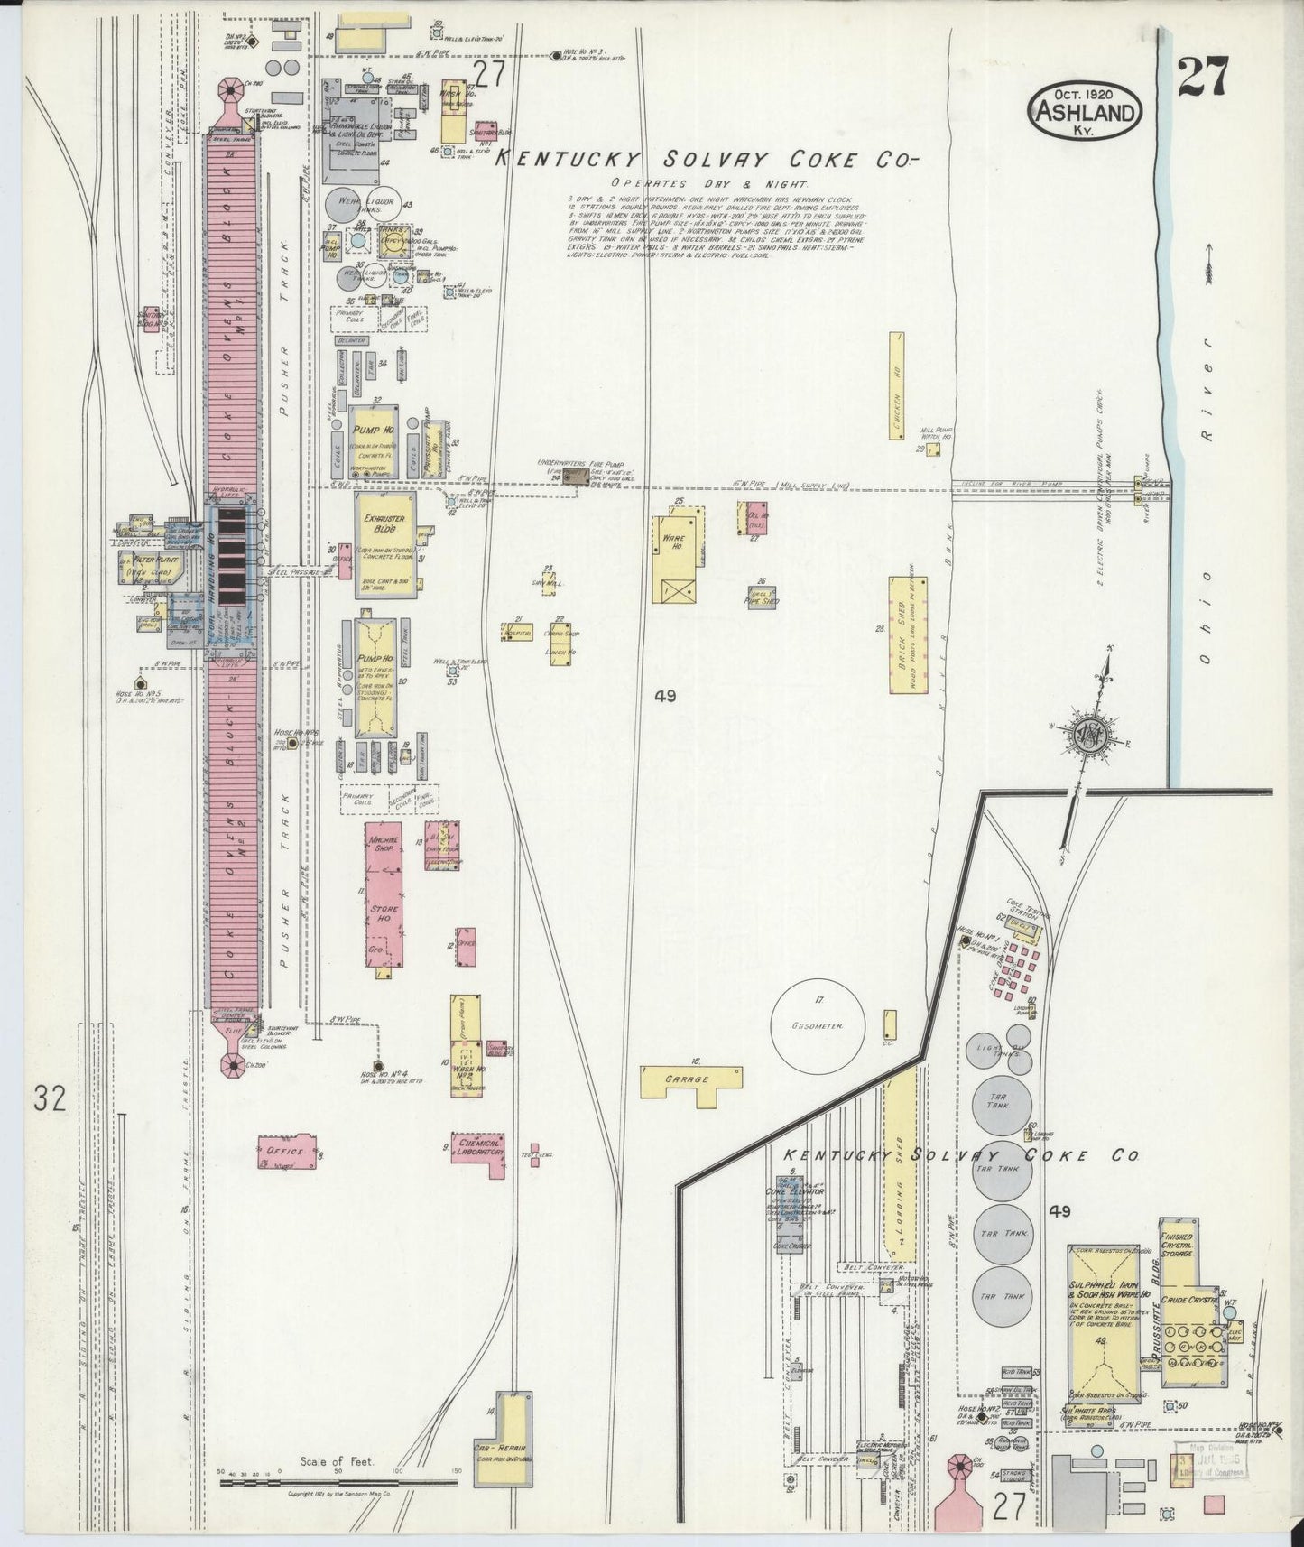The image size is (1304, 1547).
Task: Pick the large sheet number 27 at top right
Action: (1202, 76)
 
